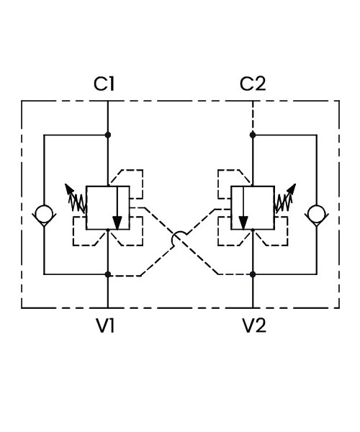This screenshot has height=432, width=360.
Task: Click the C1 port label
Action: (x=104, y=84)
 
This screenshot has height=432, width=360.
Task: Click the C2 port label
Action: (x=253, y=84)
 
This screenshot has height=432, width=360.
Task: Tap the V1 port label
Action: (x=105, y=325)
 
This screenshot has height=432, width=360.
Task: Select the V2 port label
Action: (x=254, y=325)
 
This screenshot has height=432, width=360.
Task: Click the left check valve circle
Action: (x=44, y=213)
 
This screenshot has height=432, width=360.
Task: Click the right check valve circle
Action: (x=317, y=213)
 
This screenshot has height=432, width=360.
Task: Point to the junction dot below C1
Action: (x=108, y=135)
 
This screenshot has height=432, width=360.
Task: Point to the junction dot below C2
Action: (x=253, y=135)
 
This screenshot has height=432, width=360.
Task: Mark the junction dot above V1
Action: (x=108, y=274)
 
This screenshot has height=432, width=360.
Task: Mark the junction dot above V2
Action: (x=253, y=274)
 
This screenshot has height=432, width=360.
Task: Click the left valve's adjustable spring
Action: (x=78, y=203)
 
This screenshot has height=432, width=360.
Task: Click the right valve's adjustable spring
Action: (x=283, y=203)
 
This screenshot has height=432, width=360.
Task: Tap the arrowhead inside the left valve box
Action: (x=117, y=223)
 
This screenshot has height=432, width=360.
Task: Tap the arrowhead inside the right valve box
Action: (x=243, y=223)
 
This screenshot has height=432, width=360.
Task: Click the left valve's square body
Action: (x=108, y=207)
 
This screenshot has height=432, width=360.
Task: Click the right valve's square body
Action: (x=253, y=207)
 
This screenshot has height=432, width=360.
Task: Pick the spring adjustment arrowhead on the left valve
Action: (x=69, y=189)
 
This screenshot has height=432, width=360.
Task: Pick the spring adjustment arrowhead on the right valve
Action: (x=292, y=189)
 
